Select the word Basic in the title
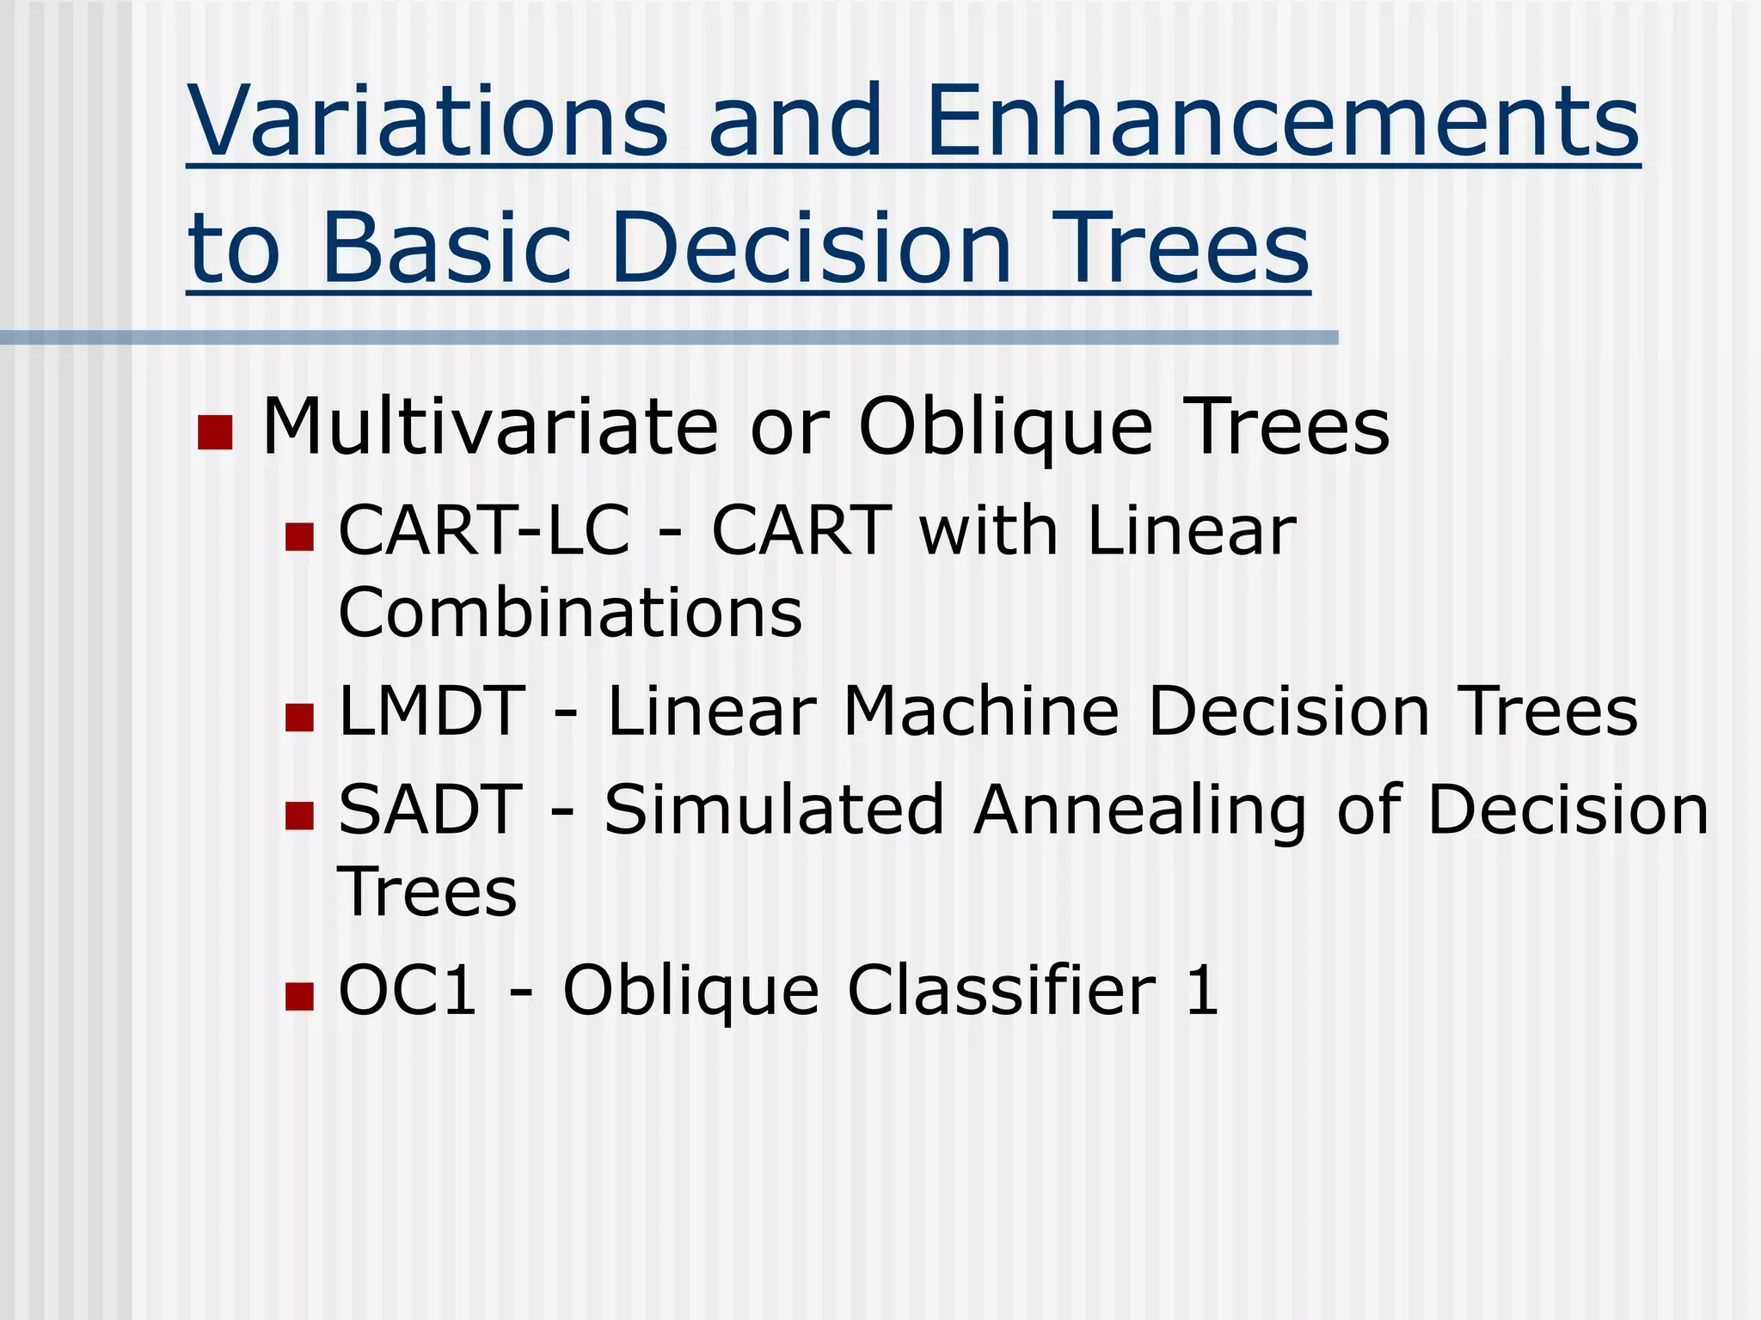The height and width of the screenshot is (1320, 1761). tap(447, 248)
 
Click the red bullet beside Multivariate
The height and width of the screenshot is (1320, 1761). tap(215, 432)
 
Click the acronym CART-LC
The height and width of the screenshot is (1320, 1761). tap(484, 530)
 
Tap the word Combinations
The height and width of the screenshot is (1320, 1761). tap(570, 613)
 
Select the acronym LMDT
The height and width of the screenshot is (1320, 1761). tap(433, 711)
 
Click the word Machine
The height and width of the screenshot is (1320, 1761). tap(981, 711)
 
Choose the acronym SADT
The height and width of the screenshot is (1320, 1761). tap(431, 810)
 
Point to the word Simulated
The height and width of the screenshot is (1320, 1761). tap(774, 810)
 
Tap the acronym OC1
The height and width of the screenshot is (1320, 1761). tap(408, 990)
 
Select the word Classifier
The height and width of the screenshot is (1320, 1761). tap(1002, 990)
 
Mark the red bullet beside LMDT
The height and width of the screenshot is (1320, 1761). tap(299, 717)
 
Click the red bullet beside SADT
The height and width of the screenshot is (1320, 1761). tap(299, 816)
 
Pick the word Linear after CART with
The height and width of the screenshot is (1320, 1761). tap(1191, 530)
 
